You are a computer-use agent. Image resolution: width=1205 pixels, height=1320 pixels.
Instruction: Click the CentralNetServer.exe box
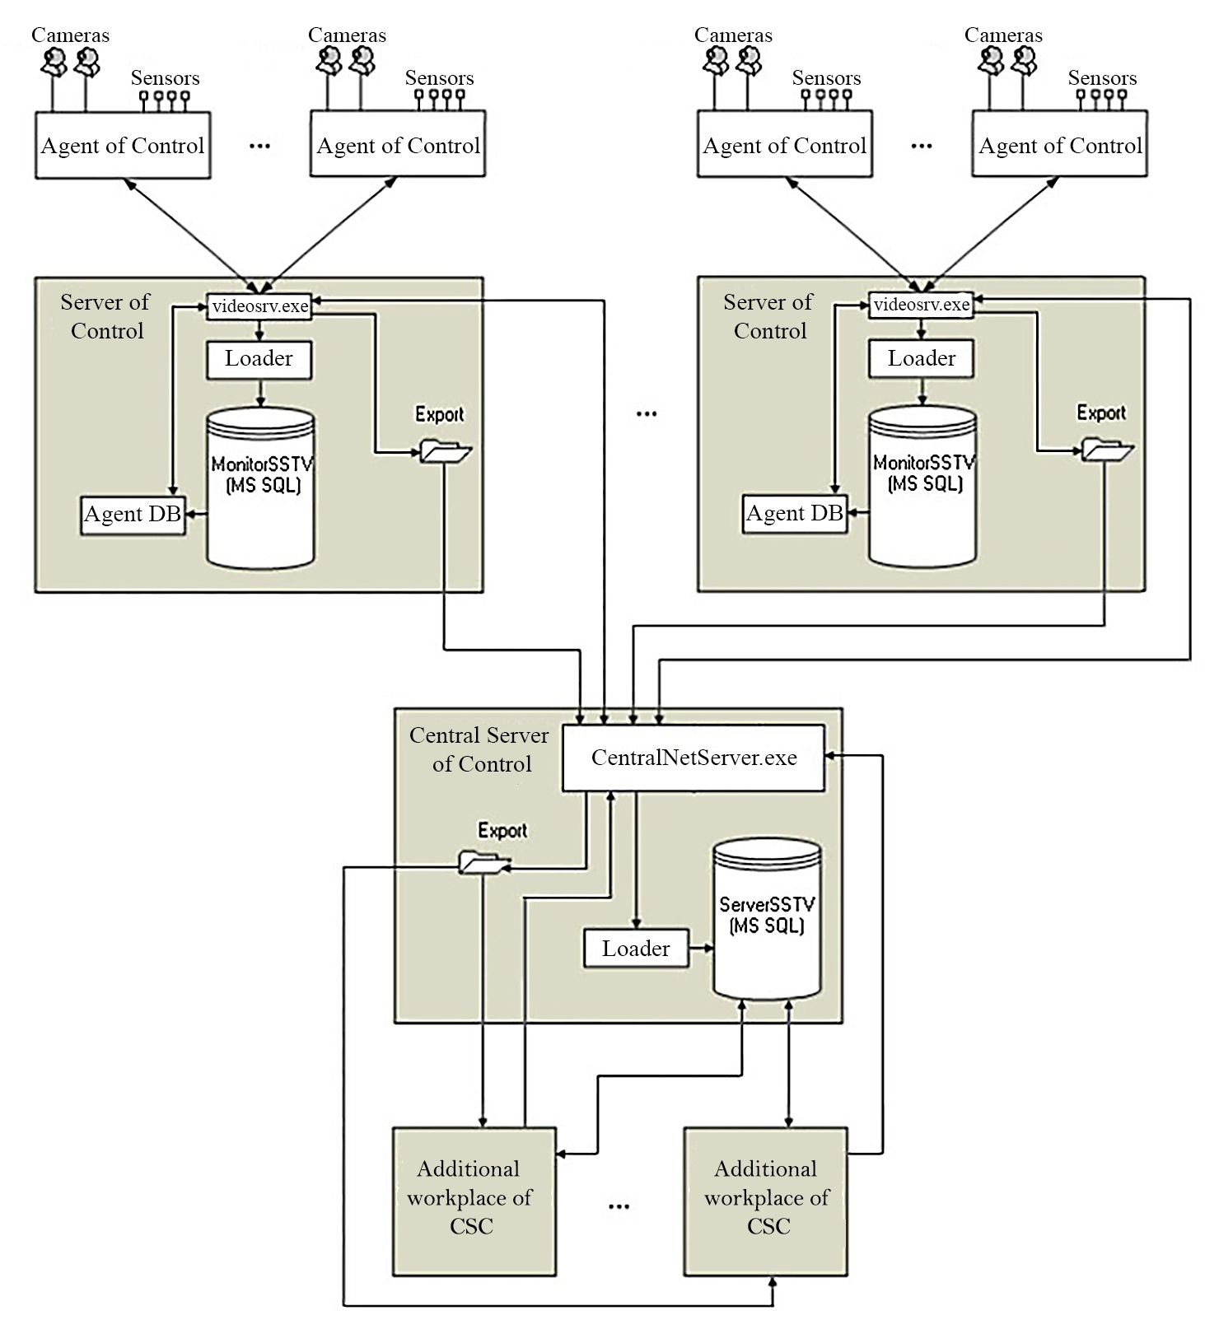point(693,758)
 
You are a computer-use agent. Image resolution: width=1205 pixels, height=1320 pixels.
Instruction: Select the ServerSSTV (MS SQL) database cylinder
point(766,918)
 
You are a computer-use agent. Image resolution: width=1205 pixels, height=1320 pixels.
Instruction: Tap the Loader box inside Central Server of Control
point(635,949)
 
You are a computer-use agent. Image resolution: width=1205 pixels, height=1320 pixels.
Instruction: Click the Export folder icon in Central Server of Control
point(480,862)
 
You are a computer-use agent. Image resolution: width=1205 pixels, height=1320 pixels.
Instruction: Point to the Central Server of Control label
point(480,749)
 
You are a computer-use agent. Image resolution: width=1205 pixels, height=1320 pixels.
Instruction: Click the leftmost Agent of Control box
point(123,146)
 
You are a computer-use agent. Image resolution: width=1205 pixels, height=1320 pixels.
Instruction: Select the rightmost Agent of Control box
point(1059,146)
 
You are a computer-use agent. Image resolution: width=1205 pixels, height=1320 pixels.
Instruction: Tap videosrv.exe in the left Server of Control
point(259,306)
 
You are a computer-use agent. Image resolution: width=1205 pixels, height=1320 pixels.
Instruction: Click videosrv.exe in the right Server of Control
point(921,305)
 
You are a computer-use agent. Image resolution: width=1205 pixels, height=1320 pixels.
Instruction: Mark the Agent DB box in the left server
point(133,515)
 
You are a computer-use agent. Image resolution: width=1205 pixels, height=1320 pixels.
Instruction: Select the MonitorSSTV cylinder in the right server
point(922,486)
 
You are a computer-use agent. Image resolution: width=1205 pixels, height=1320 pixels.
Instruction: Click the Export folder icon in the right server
point(1105,450)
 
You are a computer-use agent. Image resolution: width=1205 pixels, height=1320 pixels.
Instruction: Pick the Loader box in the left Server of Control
point(259,359)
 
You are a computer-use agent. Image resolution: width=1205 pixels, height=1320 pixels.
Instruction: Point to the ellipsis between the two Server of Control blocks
point(647,414)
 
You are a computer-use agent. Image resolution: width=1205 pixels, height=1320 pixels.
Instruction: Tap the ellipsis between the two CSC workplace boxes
point(619,1206)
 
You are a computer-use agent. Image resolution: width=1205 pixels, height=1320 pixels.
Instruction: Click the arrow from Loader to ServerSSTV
point(701,949)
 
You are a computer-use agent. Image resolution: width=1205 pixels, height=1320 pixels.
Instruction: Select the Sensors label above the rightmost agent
point(1102,78)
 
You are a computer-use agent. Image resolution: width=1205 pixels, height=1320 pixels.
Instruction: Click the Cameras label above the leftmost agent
point(70,35)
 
